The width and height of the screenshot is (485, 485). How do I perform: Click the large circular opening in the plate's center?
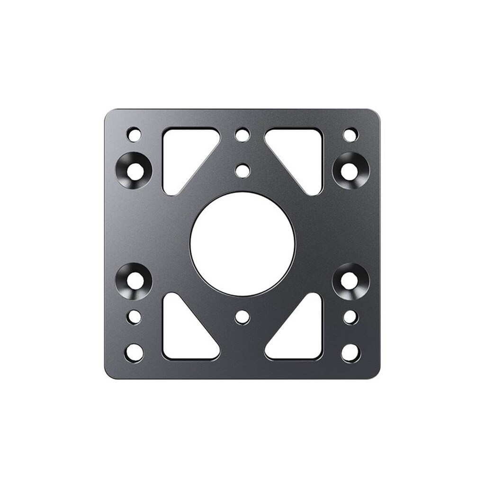coord(242,244)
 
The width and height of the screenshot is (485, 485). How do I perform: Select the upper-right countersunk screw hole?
coord(350,170)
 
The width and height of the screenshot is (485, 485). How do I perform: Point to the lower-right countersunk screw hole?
coord(350,280)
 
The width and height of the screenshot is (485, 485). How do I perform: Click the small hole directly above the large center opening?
coord(242,170)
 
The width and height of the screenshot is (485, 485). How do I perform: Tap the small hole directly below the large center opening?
coord(242,317)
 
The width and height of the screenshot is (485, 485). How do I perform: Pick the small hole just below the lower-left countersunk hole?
coord(135,317)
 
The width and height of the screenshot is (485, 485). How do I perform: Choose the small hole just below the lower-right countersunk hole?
coord(350,317)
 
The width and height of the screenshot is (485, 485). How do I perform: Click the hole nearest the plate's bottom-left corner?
coord(134,352)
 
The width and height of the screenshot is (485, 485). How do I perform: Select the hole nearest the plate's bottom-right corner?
coord(350,352)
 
